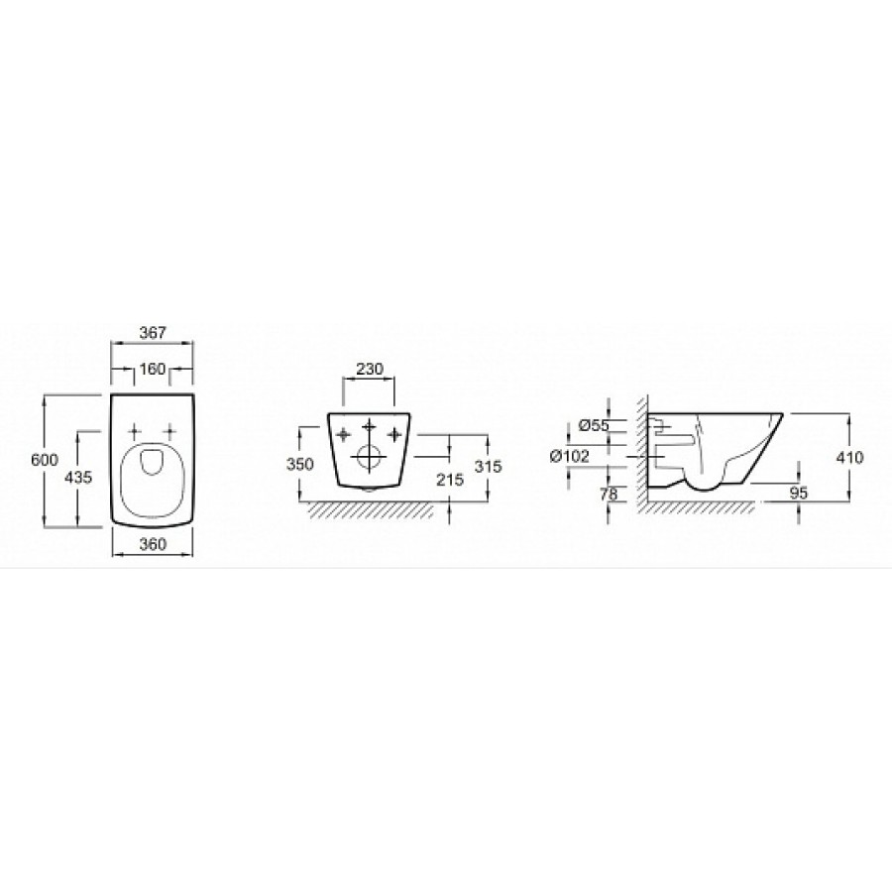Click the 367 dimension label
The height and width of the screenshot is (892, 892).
tap(153, 332)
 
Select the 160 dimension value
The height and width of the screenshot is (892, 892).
tap(152, 370)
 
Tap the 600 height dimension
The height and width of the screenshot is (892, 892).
tap(45, 460)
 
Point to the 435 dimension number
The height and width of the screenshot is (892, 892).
tap(78, 477)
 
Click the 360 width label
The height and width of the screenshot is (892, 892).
tap(153, 544)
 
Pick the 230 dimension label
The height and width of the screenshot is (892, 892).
tap(370, 369)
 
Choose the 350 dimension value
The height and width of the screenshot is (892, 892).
tap(299, 464)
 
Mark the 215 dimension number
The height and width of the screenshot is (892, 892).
tap(451, 479)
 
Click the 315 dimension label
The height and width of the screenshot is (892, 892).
tap(488, 466)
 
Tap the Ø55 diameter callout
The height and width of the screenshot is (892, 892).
tap(594, 425)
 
